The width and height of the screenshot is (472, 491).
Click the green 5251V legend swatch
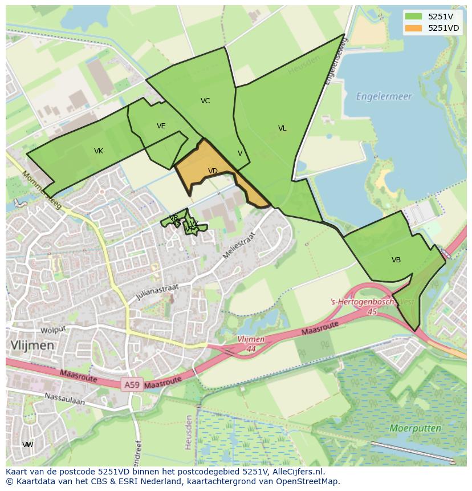click(413, 17)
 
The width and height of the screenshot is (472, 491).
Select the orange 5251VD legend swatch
click(413, 28)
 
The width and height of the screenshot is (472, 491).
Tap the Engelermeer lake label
click(384, 96)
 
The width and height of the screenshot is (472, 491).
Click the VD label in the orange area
click(213, 171)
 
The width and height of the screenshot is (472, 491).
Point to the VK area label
click(99, 151)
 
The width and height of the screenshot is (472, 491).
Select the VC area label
click(205, 101)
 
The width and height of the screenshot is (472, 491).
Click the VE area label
click(161, 126)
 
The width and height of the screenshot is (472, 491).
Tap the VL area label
click(282, 128)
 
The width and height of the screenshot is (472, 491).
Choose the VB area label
click(396, 260)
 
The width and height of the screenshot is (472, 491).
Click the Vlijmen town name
click(32, 346)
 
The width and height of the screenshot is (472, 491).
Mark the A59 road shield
click(132, 386)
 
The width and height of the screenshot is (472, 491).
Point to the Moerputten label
click(416, 428)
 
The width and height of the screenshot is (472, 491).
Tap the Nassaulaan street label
click(65, 398)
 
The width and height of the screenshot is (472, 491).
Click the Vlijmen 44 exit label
click(251, 343)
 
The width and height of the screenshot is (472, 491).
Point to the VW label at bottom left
click(27, 445)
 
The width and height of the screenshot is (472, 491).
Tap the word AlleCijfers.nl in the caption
click(296, 472)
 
